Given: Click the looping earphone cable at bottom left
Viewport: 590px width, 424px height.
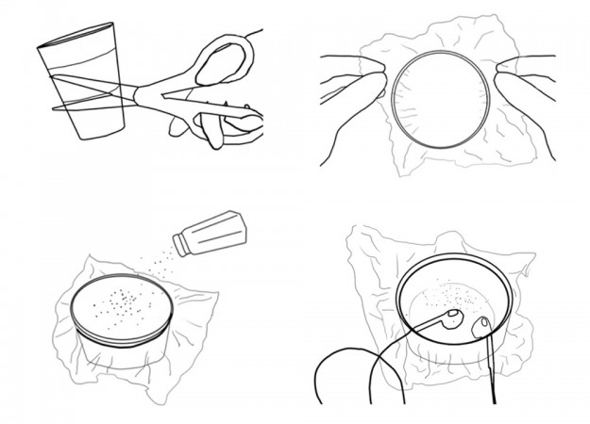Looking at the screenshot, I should click(x=340, y=372).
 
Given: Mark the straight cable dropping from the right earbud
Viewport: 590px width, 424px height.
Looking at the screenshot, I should click(x=494, y=377).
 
